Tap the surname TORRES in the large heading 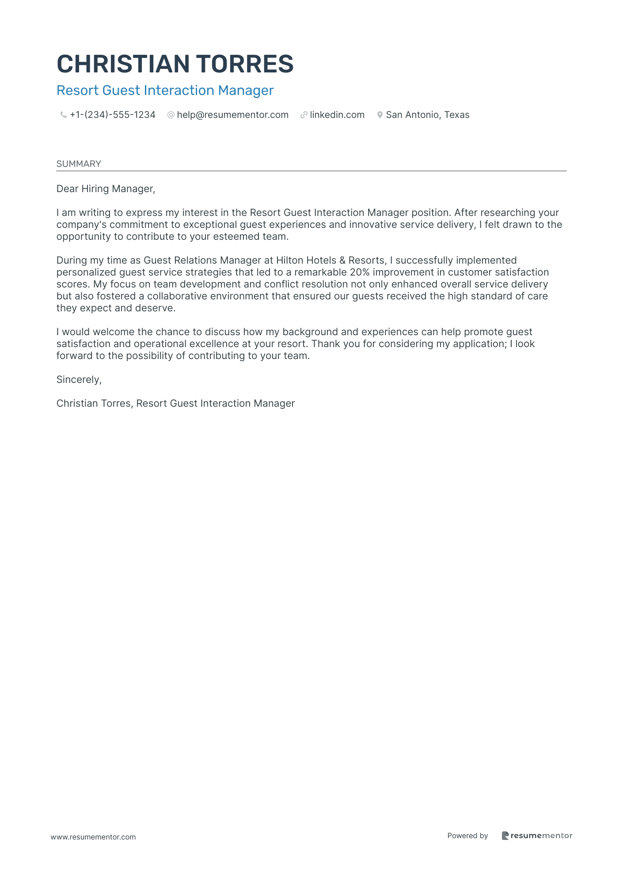tap(245, 64)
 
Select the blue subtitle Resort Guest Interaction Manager tap(165, 91)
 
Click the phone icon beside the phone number tap(63, 115)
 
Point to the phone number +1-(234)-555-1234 tap(113, 115)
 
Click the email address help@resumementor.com tap(232, 115)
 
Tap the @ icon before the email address tap(171, 115)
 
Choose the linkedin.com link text tap(337, 115)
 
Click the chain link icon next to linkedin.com tap(304, 115)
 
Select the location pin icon tap(380, 115)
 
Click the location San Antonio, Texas tap(427, 115)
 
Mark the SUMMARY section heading tap(79, 164)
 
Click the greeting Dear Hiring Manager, tap(106, 189)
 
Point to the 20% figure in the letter tap(359, 272)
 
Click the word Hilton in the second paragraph tap(289, 261)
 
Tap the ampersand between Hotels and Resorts tap(342, 261)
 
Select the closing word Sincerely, tap(79, 380)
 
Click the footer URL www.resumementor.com tap(93, 837)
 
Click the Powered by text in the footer tap(467, 836)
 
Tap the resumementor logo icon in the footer tap(505, 836)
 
